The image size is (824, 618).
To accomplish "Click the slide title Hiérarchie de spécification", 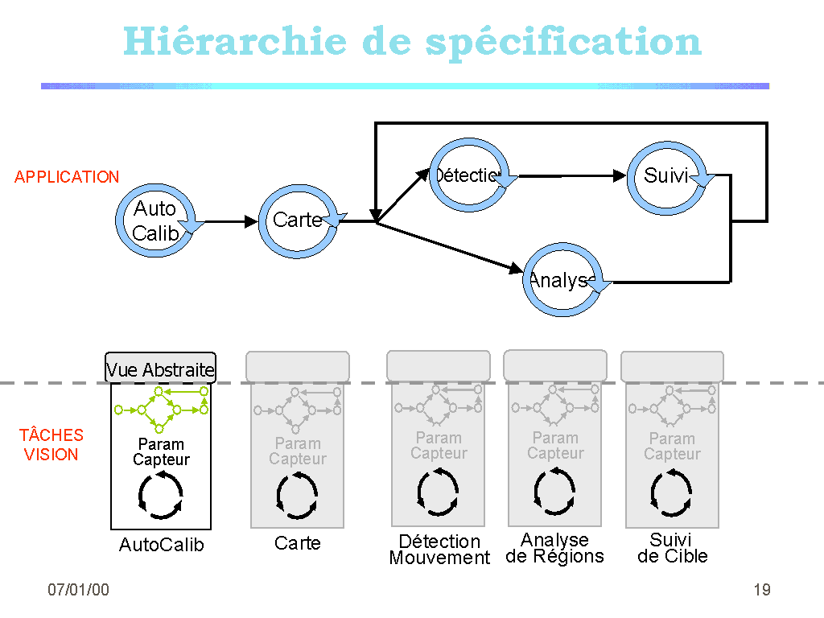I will coord(412,42).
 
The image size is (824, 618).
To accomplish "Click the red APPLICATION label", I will coord(67,177).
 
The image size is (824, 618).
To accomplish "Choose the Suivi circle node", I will coord(665,176).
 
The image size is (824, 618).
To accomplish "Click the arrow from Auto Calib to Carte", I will coord(230,221).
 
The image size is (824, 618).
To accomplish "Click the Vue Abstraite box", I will coord(160,369).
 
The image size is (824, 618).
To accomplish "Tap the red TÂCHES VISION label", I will coord(51,444).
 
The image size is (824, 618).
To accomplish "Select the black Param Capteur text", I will coord(161,452).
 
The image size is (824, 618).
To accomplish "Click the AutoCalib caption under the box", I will coord(161,545).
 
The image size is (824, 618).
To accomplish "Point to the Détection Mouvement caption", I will coord(439,550).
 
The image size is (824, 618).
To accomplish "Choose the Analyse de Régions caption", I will coord(554,548).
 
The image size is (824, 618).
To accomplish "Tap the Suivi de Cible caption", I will coord(672,548).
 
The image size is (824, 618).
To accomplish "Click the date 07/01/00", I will coord(78,590).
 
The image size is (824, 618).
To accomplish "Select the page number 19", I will coord(761,590).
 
